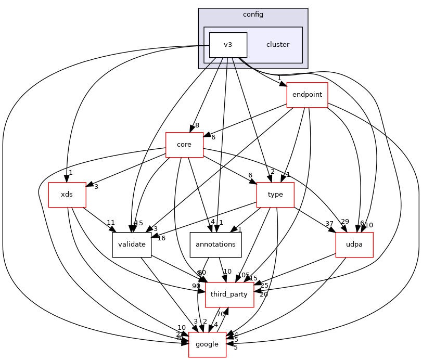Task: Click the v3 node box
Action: tap(228, 45)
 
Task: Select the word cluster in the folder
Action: tap(277, 45)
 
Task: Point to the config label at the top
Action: tap(253, 14)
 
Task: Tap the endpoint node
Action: tap(307, 95)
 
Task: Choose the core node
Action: tap(184, 145)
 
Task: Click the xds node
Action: tap(67, 194)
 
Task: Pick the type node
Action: tap(275, 194)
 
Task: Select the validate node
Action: tap(132, 244)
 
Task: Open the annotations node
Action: tap(215, 244)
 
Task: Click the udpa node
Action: tap(354, 244)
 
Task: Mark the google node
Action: tap(207, 344)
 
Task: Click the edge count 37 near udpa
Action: tap(329, 224)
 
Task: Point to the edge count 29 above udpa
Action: tap(344, 221)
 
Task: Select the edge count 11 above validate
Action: tap(111, 223)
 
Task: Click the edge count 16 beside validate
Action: tap(161, 238)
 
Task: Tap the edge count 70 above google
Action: tap(221, 314)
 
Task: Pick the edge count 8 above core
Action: tap(197, 125)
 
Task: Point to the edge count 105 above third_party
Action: tap(243, 275)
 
